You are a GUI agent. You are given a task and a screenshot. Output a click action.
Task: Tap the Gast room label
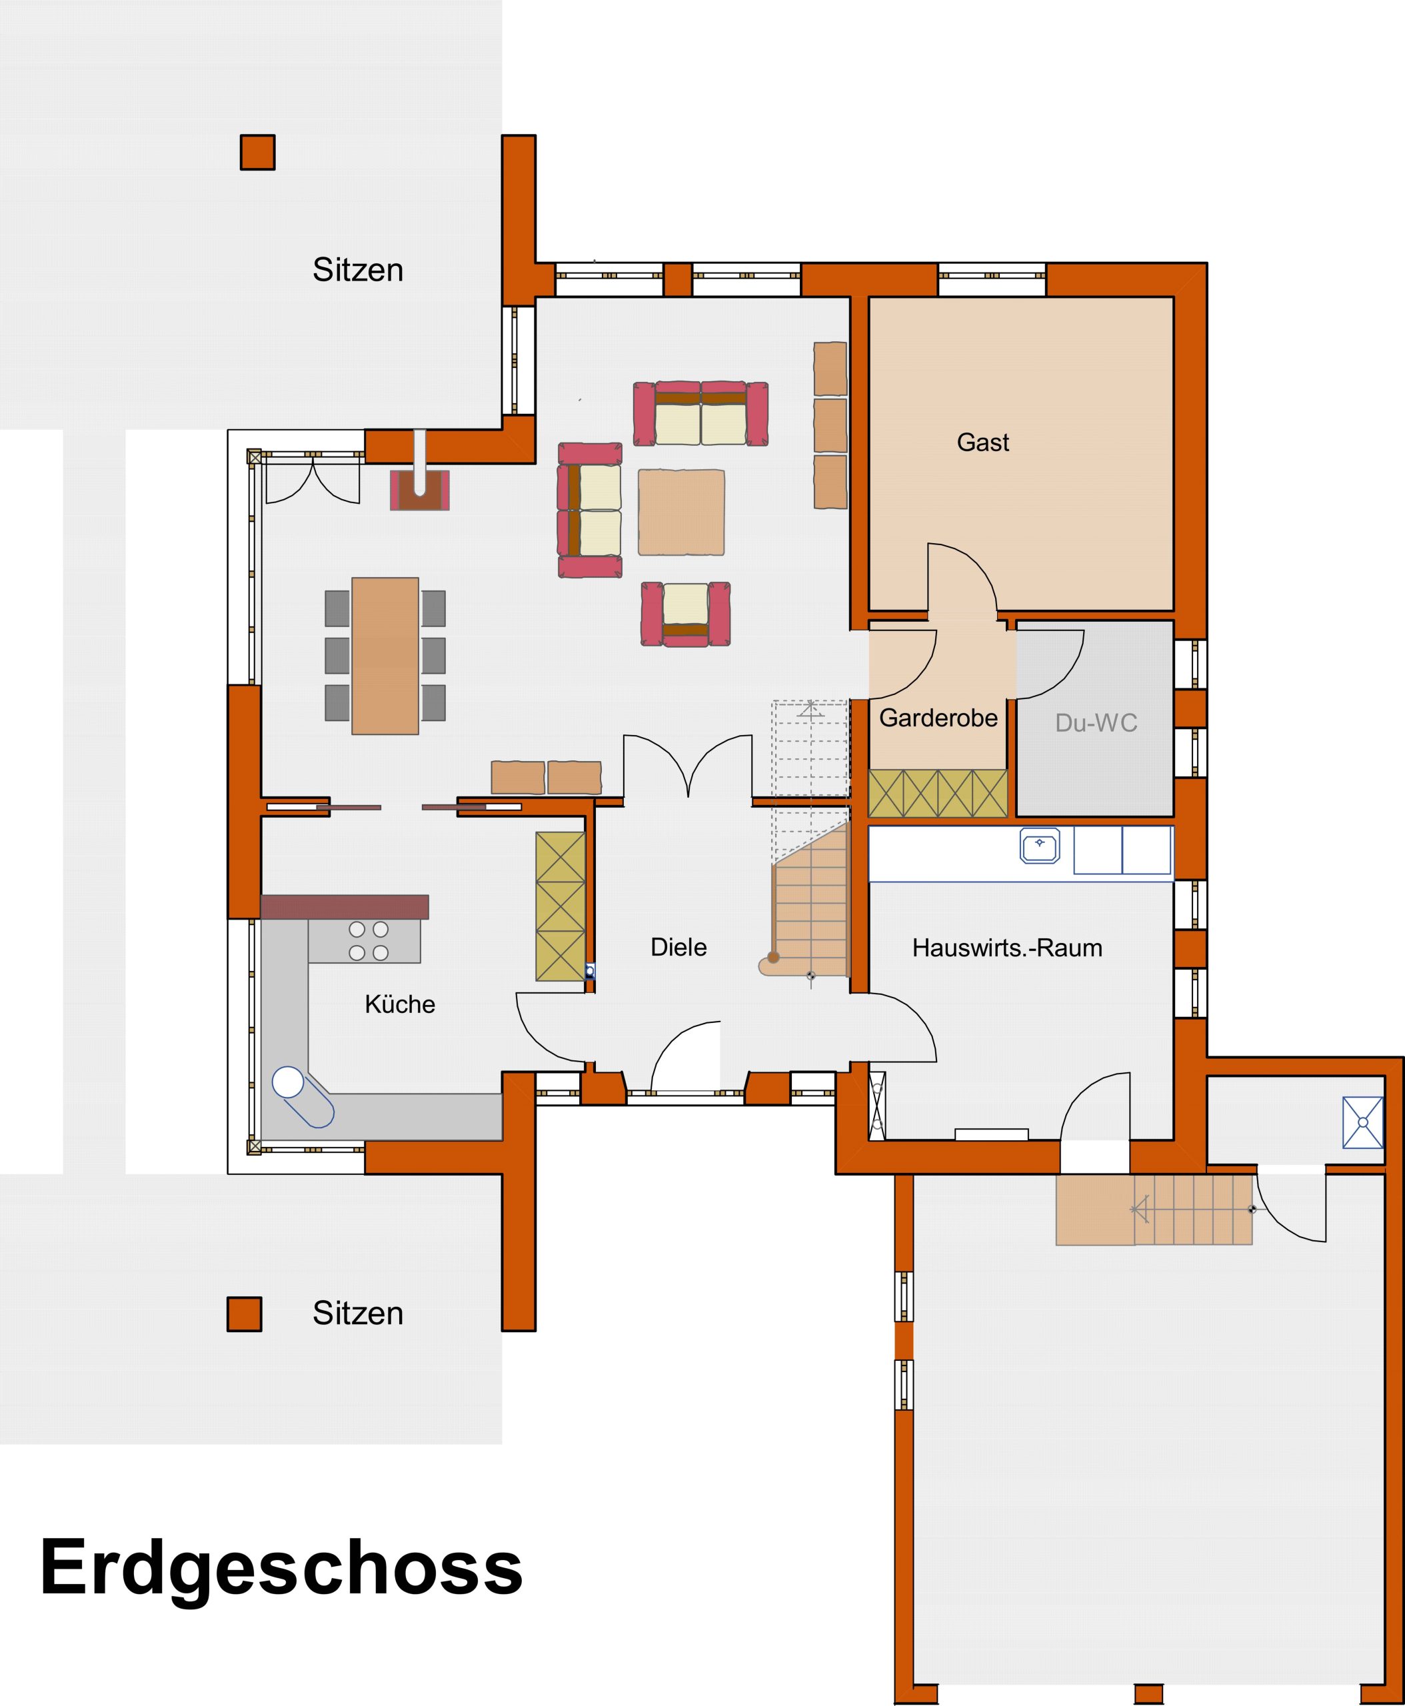(x=982, y=442)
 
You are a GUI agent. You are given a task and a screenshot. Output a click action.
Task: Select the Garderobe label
(x=938, y=718)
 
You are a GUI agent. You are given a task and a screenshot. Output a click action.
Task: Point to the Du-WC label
(x=1096, y=722)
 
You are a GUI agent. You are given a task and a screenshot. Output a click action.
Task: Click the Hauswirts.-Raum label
(x=1007, y=948)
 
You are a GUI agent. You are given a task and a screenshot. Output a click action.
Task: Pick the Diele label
(x=679, y=947)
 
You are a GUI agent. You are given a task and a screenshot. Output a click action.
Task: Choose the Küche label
(x=400, y=1004)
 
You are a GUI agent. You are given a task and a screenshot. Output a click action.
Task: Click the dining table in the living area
(x=385, y=656)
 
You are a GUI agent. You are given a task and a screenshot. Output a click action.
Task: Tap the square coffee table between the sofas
(x=681, y=512)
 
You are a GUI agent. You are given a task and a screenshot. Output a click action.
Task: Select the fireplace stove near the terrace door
(x=419, y=490)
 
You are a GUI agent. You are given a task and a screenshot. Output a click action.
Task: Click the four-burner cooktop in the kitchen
(x=368, y=941)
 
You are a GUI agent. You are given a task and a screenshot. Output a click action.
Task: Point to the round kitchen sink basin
(x=287, y=1080)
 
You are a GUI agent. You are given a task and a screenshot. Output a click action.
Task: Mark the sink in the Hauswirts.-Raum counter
(x=1040, y=846)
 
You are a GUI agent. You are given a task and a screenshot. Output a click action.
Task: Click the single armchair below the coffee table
(x=685, y=614)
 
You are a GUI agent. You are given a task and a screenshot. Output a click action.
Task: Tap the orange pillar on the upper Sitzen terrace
(x=257, y=152)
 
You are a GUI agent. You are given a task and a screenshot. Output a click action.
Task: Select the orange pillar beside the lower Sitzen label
(x=244, y=1313)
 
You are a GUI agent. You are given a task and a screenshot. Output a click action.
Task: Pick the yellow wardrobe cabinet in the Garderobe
(x=938, y=793)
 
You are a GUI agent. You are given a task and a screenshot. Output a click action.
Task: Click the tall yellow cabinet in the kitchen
(x=560, y=906)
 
